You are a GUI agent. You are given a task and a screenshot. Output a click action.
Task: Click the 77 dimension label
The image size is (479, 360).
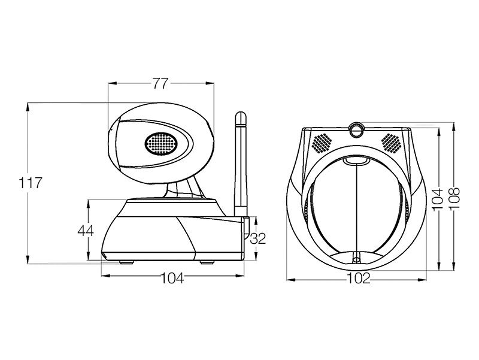pyautogui.click(x=160, y=83)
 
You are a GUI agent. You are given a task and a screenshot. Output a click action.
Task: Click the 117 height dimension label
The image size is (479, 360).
pyautogui.click(x=30, y=183)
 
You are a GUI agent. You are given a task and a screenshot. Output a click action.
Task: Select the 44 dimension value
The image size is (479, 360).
pyautogui.click(x=86, y=231)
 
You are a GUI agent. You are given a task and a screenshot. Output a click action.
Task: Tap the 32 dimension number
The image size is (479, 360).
pyautogui.click(x=258, y=238)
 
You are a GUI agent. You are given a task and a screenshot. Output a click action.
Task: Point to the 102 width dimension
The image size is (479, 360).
pyautogui.click(x=359, y=278)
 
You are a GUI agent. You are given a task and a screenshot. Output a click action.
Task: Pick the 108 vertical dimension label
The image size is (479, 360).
pyautogui.click(x=454, y=199)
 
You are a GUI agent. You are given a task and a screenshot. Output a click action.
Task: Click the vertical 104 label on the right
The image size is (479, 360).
pyautogui.click(x=438, y=199)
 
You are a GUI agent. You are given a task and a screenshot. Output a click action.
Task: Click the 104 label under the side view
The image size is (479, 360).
pyautogui.click(x=172, y=278)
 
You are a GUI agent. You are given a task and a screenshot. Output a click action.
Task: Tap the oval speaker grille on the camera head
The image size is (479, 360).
pyautogui.click(x=161, y=143)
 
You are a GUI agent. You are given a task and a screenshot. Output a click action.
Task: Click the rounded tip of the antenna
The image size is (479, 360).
pyautogui.click(x=241, y=116)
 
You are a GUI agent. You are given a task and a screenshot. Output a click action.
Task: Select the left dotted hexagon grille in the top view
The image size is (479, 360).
pyautogui.click(x=322, y=143)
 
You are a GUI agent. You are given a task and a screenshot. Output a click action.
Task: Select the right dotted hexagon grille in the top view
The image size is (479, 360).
pyautogui.click(x=391, y=143)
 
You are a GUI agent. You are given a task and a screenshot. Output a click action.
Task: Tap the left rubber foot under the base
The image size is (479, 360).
pyautogui.click(x=126, y=262)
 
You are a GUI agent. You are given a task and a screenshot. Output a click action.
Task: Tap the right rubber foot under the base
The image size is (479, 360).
pyautogui.click(x=207, y=262)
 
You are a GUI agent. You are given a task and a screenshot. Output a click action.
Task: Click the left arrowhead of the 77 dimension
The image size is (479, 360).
pyautogui.click(x=113, y=83)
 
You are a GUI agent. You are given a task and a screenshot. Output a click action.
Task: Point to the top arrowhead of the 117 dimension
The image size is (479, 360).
pyautogui.click(x=28, y=107)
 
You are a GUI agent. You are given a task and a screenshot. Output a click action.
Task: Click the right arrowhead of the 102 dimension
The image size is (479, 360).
pyautogui.click(x=422, y=279)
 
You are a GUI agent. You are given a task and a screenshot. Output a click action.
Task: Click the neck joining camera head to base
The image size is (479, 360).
pyautogui.click(x=183, y=189)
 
